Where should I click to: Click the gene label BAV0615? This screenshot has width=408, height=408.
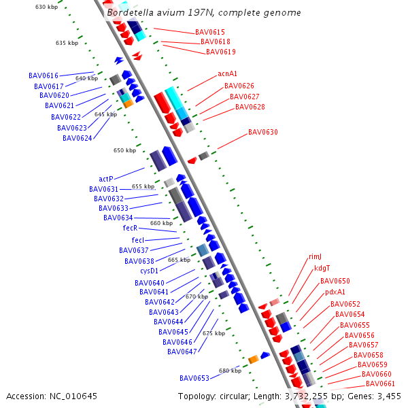[x=210, y=32]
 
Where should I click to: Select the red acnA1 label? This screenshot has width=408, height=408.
[x=227, y=73]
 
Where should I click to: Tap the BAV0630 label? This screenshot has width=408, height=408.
[x=262, y=132]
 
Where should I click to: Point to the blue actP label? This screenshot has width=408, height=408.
[x=106, y=179]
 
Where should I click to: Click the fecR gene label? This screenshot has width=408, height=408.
[x=130, y=228]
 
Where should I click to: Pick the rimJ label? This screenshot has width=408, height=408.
[x=315, y=256]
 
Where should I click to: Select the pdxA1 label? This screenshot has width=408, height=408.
[x=335, y=292]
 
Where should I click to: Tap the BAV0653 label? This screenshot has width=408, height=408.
[x=194, y=378]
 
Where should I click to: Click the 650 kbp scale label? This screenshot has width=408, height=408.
[x=124, y=150]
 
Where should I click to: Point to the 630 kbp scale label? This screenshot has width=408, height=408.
[x=46, y=7]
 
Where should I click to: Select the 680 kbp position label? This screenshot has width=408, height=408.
[x=230, y=371]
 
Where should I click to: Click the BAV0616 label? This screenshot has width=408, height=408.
[x=44, y=75]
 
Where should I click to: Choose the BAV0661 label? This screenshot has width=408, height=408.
[x=380, y=384]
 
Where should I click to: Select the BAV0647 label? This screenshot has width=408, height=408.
[x=182, y=352]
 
